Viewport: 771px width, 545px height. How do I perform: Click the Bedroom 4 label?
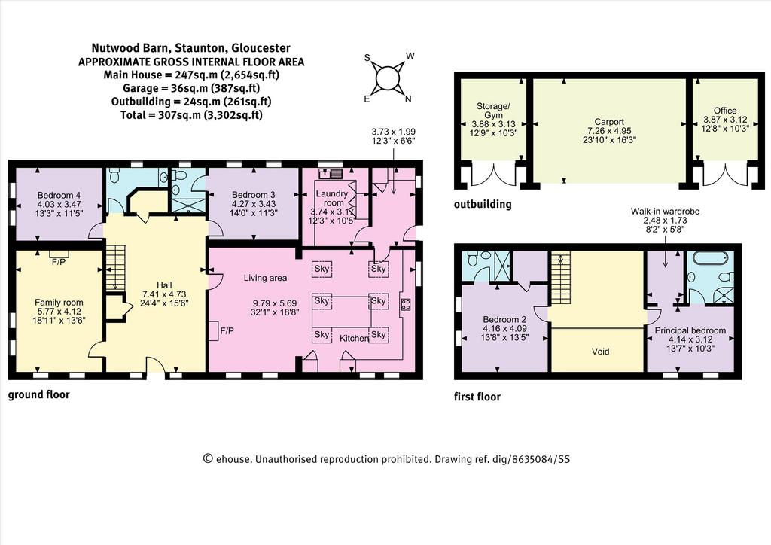click(x=59, y=195)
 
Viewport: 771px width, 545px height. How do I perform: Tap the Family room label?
click(x=59, y=303)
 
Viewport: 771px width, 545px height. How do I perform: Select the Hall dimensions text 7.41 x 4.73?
click(x=164, y=294)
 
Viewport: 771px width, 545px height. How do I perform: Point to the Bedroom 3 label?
click(x=253, y=195)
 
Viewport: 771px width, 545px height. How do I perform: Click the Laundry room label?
click(x=333, y=198)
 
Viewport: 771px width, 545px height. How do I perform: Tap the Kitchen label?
click(x=355, y=338)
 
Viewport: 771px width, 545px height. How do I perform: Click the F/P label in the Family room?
click(x=58, y=262)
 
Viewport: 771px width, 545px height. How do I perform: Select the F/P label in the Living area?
click(x=227, y=331)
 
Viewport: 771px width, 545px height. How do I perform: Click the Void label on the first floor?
click(x=600, y=352)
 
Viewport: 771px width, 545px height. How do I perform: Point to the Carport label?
click(x=609, y=122)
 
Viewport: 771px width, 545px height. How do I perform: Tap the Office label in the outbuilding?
click(x=725, y=111)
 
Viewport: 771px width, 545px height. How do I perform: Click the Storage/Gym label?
click(x=493, y=111)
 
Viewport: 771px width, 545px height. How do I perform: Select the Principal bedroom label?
click(x=690, y=330)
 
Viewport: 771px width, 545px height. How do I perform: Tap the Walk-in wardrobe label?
click(x=666, y=212)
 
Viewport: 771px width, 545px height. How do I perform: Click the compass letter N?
click(x=407, y=99)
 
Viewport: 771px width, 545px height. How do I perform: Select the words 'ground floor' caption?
click(x=39, y=394)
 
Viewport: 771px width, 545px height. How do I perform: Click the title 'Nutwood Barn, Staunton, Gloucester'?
click(x=190, y=48)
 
